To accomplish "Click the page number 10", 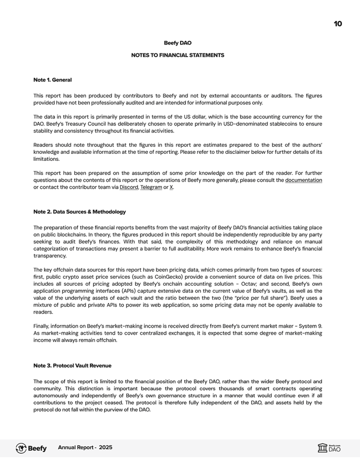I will (337, 24).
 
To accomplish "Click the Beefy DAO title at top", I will (177, 43).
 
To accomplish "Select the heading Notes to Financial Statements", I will (177, 55).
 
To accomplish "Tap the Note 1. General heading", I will (52, 80).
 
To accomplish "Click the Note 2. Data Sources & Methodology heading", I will (79, 212).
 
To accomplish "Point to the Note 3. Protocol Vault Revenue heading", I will (72, 366).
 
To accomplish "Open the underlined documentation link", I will (303, 180).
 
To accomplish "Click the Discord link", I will (128, 187).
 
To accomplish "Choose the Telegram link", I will (151, 187).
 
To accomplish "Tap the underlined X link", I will (171, 187).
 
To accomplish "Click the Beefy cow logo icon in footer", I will (21, 448).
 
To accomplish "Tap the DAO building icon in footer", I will (322, 448).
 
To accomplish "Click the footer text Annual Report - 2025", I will (85, 448).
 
